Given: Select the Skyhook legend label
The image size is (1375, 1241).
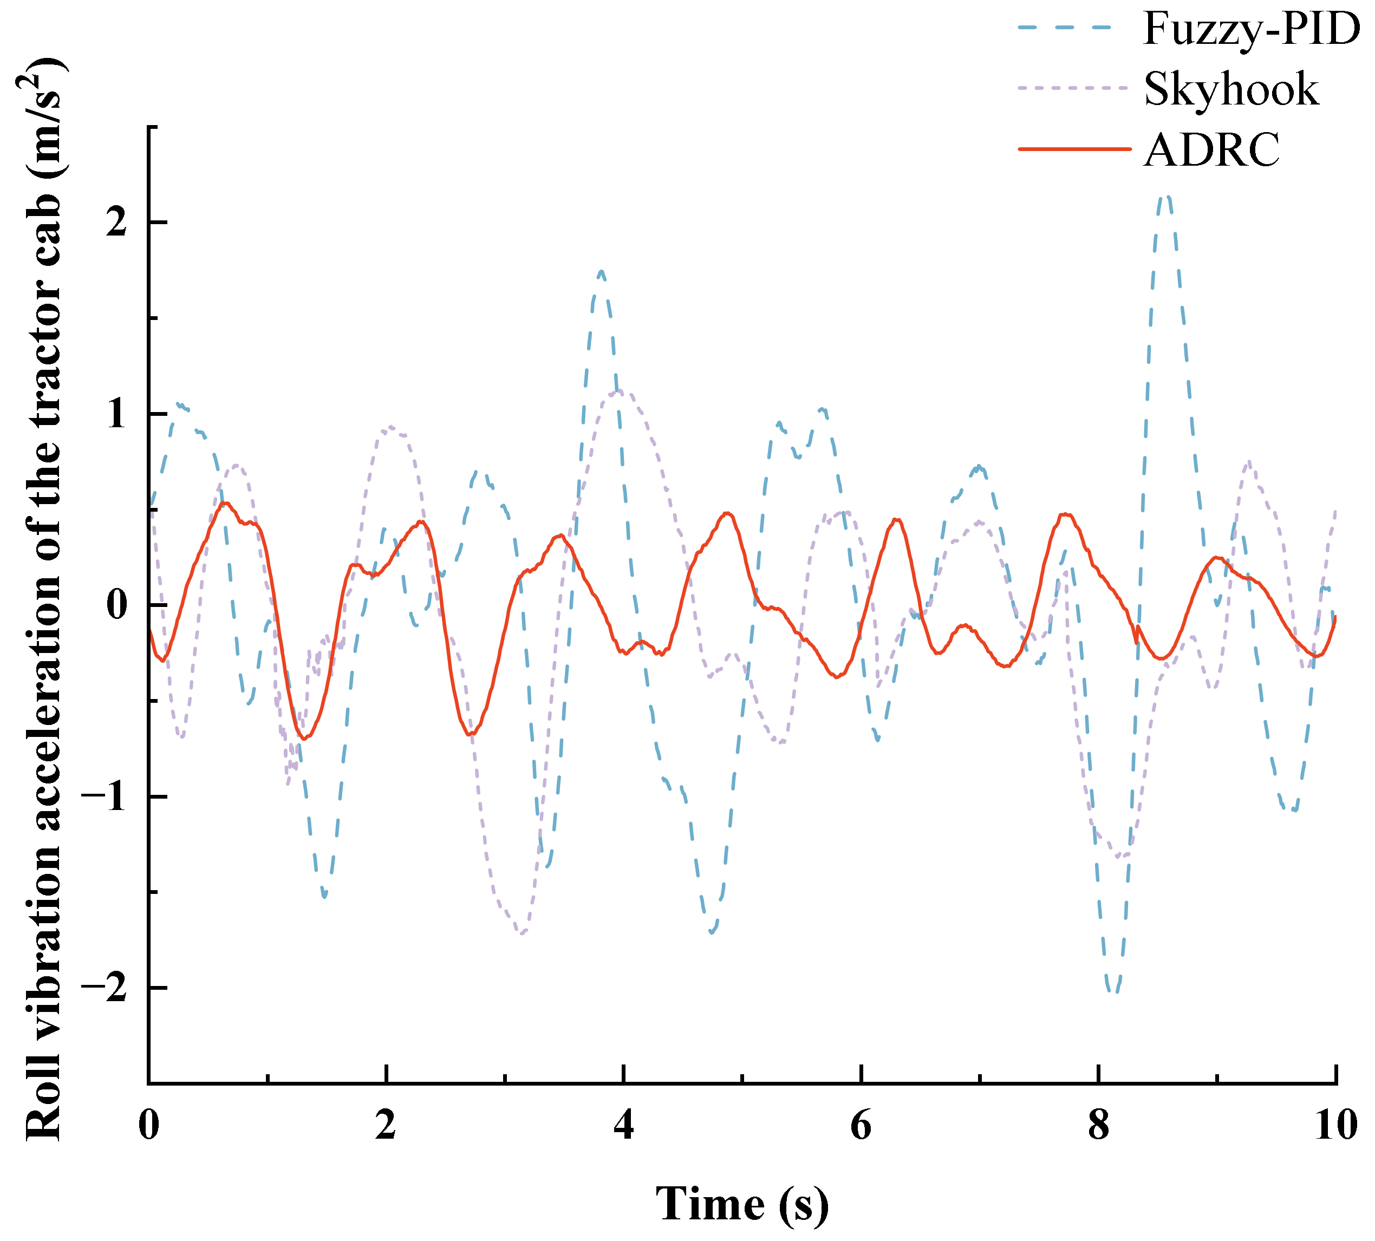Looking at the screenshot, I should tap(1231, 89).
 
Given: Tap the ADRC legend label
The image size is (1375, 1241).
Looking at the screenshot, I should tap(1212, 149).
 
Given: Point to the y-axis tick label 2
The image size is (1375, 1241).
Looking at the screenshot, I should tap(118, 223).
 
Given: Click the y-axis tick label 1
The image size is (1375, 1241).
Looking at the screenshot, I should tap(118, 415).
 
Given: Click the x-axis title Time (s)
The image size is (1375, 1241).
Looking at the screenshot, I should tap(742, 1204).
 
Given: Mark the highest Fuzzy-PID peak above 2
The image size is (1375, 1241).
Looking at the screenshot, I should tap(1167, 197).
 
